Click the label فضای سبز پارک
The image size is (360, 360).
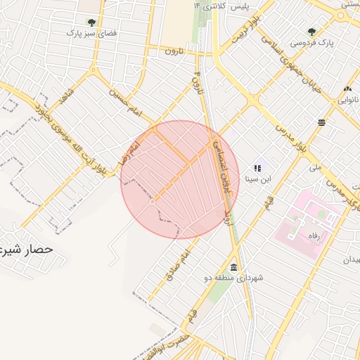pyautogui.click(x=91, y=33)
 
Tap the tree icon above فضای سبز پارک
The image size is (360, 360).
pyautogui.click(x=91, y=22)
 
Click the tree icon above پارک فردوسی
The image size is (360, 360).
pyautogui.click(x=311, y=32)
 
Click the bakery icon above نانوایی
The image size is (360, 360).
pyautogui.click(x=348, y=89)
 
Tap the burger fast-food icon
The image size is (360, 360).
pyautogui.click(x=321, y=122)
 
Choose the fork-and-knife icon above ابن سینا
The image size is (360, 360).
pyautogui.click(x=257, y=168)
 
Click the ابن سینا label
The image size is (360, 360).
pyautogui.click(x=257, y=179)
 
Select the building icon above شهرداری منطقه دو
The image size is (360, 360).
pyautogui.click(x=233, y=268)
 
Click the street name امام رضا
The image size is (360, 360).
pyautogui.click(x=131, y=149)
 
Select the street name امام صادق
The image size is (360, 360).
pyautogui.click(x=176, y=266)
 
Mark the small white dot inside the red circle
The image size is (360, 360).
pyautogui.click(x=153, y=202)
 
